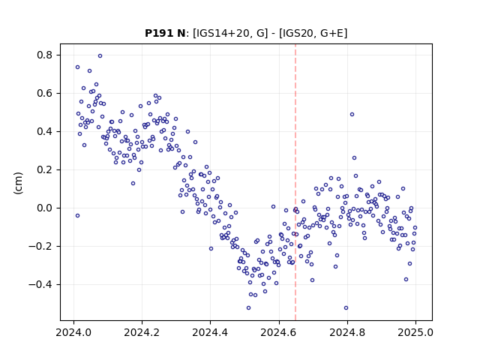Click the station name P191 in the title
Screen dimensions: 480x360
click(x=157, y=33)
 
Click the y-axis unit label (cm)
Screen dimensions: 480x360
click(x=18, y=183)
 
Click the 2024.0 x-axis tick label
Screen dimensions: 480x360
click(x=73, y=332)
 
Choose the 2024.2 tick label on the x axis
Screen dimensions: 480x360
click(x=142, y=332)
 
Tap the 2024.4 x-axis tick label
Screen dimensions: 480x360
click(x=210, y=332)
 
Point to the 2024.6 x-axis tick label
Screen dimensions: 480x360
click(x=278, y=332)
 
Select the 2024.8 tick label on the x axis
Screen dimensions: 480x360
click(x=347, y=332)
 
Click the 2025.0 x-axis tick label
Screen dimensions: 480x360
click(x=415, y=332)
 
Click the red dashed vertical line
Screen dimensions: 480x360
click(x=295, y=182)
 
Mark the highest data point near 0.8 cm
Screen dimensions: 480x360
click(x=100, y=56)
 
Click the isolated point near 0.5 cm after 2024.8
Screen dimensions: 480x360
click(x=352, y=115)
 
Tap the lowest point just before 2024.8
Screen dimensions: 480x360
click(x=346, y=308)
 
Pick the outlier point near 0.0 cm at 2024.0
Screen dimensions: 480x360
click(x=77, y=216)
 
